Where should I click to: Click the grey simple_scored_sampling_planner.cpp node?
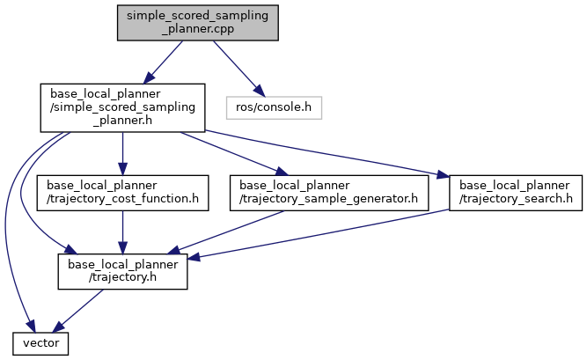[198, 21]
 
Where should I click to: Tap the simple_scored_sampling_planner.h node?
[122, 107]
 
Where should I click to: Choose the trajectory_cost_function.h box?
[122, 192]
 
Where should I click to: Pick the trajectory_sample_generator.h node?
[329, 192]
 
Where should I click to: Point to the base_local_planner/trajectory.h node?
[122, 272]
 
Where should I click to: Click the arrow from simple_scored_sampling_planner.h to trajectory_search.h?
[334, 152]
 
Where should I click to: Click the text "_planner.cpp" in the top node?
[198, 28]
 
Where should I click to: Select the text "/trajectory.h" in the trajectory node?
[122, 279]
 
